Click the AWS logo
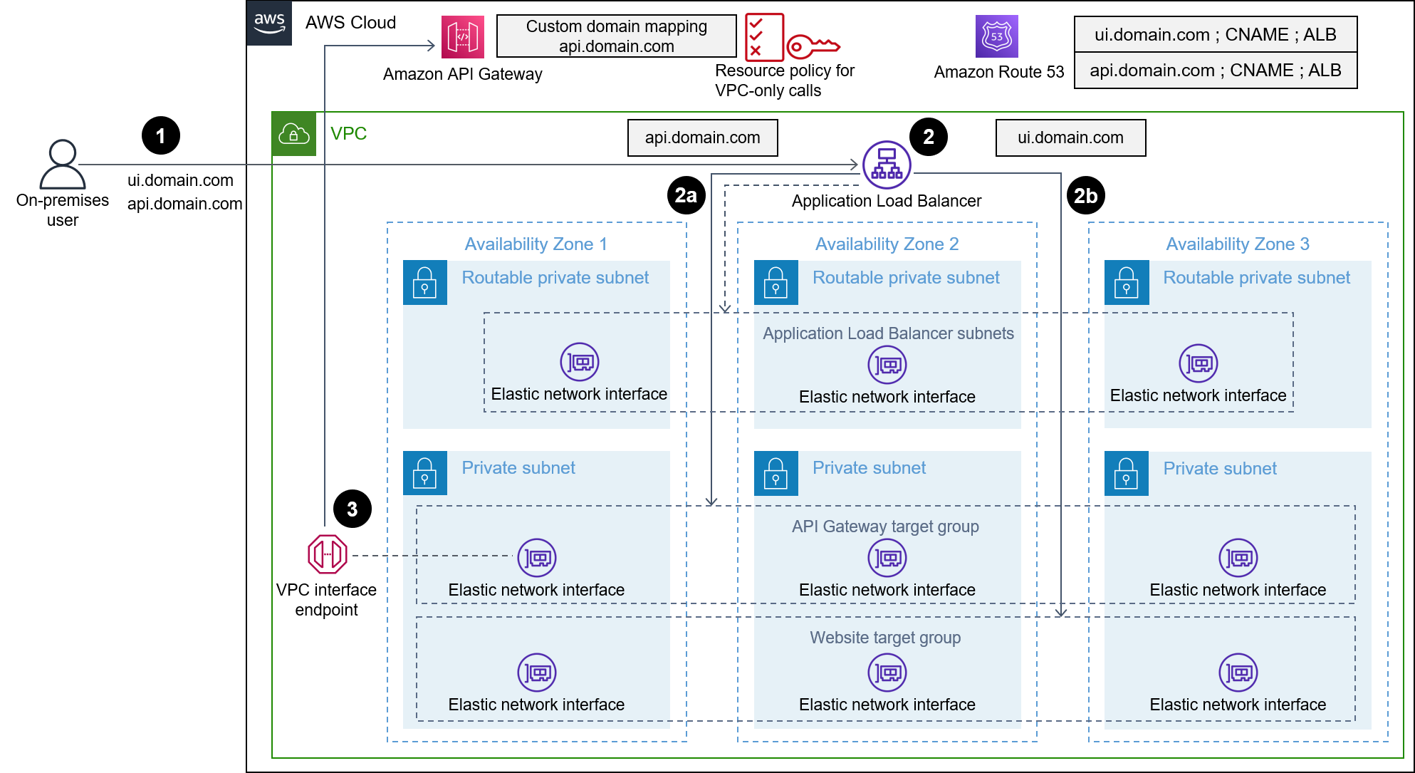[x=269, y=23]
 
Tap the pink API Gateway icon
[x=462, y=36]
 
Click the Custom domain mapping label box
[x=616, y=36]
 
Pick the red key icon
[x=813, y=47]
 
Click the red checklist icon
[x=763, y=37]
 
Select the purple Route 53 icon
[x=996, y=36]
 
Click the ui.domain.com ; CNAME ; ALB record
[x=1215, y=34]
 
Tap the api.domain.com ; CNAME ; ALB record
[x=1215, y=70]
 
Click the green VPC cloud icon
[x=293, y=134]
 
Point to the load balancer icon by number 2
[x=887, y=165]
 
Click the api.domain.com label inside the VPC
[x=702, y=138]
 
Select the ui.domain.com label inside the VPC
[x=1070, y=138]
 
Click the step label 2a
[x=685, y=195]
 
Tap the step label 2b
[x=1085, y=196]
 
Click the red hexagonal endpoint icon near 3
[x=328, y=554]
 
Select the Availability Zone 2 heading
[x=887, y=244]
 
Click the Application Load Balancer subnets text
[x=888, y=333]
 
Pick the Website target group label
[x=885, y=638]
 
